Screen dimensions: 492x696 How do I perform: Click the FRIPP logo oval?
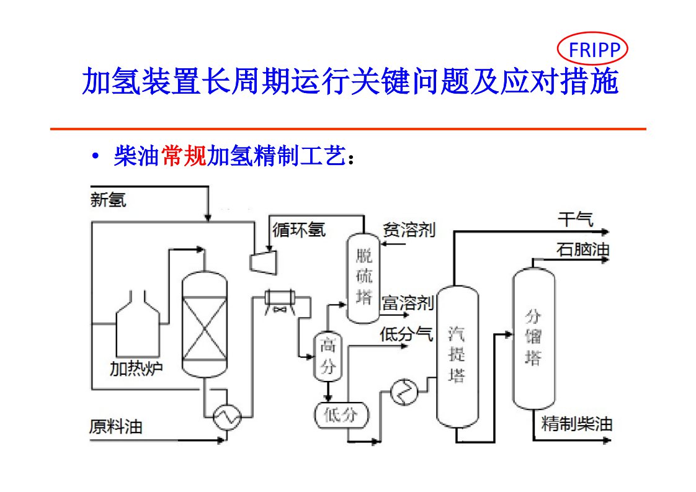pyautogui.click(x=593, y=50)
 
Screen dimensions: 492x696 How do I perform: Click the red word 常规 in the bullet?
pyautogui.click(x=184, y=156)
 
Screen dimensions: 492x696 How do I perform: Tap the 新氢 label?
pyautogui.click(x=108, y=200)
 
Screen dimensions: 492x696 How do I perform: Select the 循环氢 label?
pyautogui.click(x=299, y=230)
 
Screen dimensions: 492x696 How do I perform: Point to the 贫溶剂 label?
pyautogui.click(x=409, y=230)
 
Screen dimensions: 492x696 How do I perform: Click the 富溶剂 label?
pyautogui.click(x=407, y=303)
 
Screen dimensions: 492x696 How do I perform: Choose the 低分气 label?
pyautogui.click(x=406, y=334)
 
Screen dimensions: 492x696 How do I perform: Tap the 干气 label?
pyautogui.click(x=576, y=219)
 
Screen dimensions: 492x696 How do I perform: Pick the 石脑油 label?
pyautogui.click(x=582, y=249)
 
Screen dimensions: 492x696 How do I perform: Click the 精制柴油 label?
pyautogui.click(x=577, y=424)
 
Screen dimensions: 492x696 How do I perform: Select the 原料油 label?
pyautogui.click(x=116, y=427)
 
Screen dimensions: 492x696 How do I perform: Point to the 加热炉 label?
pyautogui.click(x=136, y=369)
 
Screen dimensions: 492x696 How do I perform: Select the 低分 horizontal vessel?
pyautogui.click(x=341, y=414)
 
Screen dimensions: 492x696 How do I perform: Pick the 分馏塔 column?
pyautogui.click(x=533, y=338)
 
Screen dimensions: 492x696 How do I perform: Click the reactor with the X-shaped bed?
pyautogui.click(x=204, y=323)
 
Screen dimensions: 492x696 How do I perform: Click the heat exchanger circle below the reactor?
pyautogui.click(x=227, y=418)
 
